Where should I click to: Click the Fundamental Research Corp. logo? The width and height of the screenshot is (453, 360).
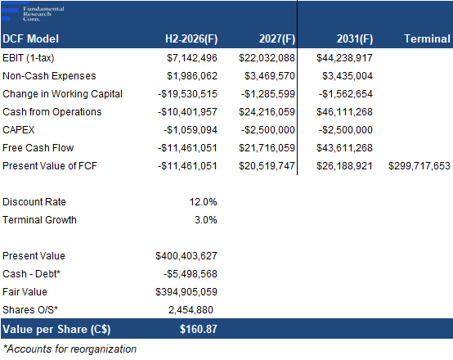[33, 13]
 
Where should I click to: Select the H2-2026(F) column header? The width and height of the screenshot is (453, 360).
[191, 38]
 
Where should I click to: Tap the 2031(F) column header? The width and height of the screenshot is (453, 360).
[355, 38]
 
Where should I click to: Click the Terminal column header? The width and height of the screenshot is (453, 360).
[427, 38]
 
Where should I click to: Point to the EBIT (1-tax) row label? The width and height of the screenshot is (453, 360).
[29, 58]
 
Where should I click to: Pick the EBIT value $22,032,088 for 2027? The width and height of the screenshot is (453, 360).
[267, 58]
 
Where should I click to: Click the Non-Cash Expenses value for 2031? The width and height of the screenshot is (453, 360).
[348, 76]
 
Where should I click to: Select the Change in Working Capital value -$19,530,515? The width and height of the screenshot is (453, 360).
[187, 94]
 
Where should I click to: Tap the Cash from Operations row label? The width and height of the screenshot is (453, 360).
[52, 112]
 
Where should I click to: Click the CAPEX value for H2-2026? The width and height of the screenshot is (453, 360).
[191, 130]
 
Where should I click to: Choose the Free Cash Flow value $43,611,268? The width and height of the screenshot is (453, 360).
[345, 148]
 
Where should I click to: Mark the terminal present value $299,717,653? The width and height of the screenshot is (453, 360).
[419, 166]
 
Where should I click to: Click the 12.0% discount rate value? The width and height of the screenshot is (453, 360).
[203, 202]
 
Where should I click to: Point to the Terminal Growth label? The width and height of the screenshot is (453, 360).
[39, 220]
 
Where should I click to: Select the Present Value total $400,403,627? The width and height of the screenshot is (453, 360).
[186, 256]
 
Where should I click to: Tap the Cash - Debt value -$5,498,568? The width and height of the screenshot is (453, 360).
[191, 274]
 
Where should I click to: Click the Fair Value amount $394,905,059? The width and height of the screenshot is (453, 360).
[186, 292]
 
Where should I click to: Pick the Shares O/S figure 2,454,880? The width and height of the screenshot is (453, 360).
[191, 310]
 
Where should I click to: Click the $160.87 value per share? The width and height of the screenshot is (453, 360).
[199, 329]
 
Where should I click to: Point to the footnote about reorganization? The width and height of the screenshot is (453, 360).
[70, 349]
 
